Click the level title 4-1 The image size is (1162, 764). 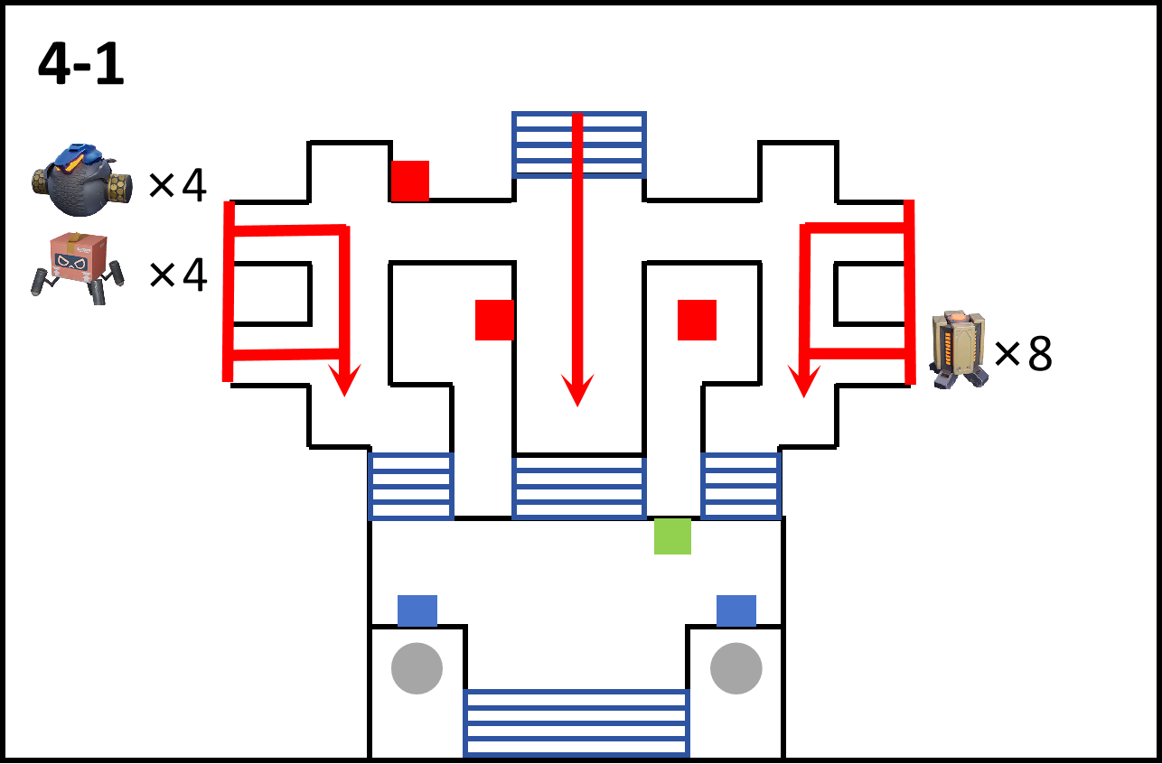[x=81, y=64]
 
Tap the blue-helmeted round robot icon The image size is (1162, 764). [x=81, y=179]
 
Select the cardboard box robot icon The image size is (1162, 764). [x=78, y=267]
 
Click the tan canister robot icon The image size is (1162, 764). [x=959, y=349]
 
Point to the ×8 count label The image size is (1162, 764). [x=1024, y=353]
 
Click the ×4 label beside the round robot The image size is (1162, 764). [x=178, y=184]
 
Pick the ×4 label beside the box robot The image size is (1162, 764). [x=178, y=275]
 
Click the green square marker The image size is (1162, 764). [x=672, y=536]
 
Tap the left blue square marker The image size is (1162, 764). [x=417, y=610]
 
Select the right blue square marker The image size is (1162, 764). [x=736, y=610]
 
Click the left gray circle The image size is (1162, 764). [x=417, y=668]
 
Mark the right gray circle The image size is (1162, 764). [x=736, y=668]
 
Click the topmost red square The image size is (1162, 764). [x=410, y=181]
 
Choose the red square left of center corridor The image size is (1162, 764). [x=495, y=320]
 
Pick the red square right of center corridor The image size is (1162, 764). [x=698, y=320]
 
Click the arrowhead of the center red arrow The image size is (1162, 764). [x=577, y=390]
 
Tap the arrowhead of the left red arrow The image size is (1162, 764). [x=345, y=380]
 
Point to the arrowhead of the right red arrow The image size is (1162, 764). [x=804, y=381]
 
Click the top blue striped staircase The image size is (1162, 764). [x=579, y=144]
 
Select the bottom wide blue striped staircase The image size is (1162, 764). [x=576, y=722]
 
